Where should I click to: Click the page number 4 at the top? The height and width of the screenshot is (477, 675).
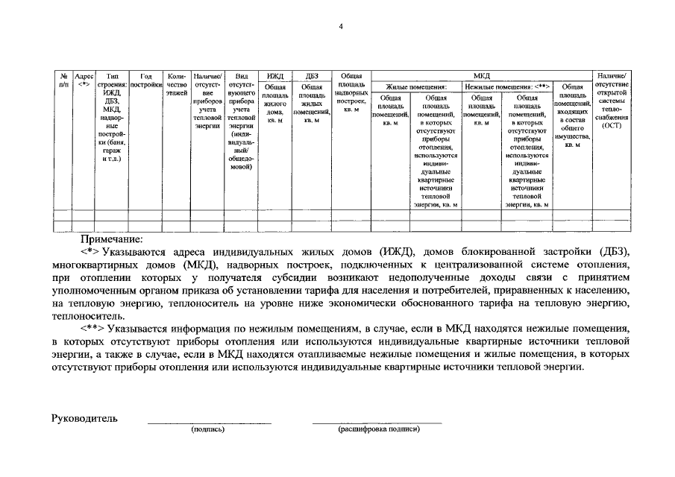click(x=340, y=27)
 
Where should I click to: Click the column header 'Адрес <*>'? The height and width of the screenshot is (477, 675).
click(x=84, y=80)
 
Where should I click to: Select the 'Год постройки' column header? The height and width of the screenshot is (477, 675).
click(x=146, y=80)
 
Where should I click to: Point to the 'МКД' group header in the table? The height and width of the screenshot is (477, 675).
click(x=482, y=75)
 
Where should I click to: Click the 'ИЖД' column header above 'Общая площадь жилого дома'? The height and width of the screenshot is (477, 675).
click(x=275, y=75)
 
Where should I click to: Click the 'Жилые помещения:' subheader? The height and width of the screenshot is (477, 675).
click(x=416, y=86)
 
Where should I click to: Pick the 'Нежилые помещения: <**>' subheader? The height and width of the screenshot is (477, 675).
click(x=507, y=86)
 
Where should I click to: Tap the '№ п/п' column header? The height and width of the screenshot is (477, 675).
click(x=64, y=80)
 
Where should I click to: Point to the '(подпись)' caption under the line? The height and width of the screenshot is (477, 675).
click(x=207, y=429)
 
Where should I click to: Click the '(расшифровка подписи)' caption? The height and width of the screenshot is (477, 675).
click(x=379, y=429)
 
